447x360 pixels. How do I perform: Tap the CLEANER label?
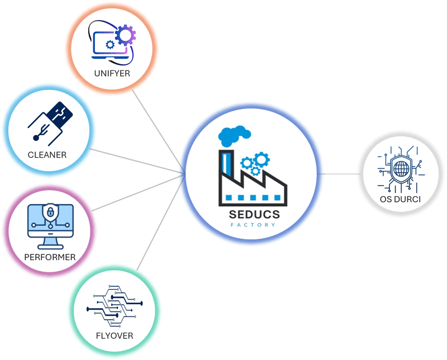(47, 154)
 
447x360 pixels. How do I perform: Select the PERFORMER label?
(50, 257)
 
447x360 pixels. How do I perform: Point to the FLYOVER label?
(114, 336)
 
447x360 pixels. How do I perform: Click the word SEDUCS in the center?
(254, 214)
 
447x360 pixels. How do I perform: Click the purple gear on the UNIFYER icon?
(125, 35)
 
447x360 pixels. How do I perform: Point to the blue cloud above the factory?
(235, 135)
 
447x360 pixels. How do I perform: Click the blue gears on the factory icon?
(254, 162)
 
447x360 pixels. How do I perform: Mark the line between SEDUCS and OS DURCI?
(341, 173)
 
